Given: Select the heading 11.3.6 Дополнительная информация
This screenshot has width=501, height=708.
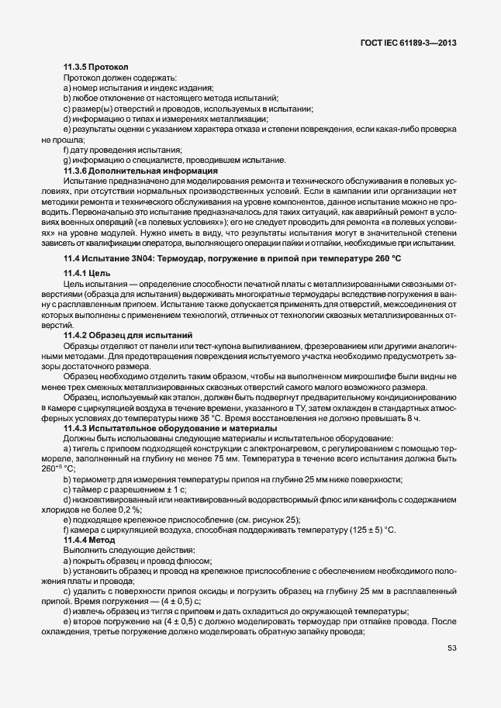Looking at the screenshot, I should coord(140,170).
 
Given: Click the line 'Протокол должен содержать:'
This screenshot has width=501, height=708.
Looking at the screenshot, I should coord(120,78).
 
